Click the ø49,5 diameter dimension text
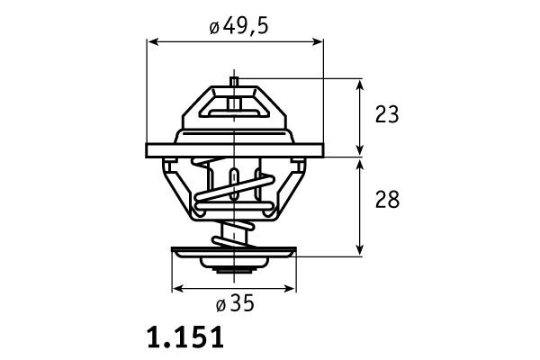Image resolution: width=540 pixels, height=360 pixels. click(x=238, y=26)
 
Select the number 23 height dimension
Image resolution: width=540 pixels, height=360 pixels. click(x=387, y=114)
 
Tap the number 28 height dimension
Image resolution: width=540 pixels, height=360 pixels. click(x=387, y=199)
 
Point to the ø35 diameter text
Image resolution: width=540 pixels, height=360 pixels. click(x=235, y=303)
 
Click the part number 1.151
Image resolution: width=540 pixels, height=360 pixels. click(x=185, y=337)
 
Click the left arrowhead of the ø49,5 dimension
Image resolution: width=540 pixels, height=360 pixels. click(x=153, y=41)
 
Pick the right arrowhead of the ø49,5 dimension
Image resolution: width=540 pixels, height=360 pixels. click(x=317, y=41)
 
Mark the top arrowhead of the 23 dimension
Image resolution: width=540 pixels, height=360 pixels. click(x=360, y=85)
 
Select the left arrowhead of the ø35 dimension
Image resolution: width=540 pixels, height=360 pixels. click(x=178, y=289)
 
